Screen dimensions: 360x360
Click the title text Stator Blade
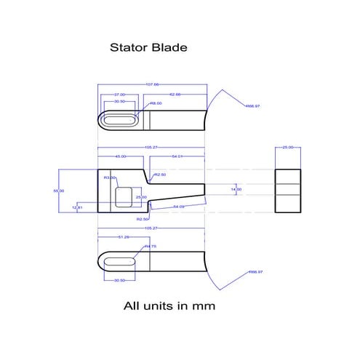click(148, 48)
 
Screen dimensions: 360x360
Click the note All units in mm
click(168, 306)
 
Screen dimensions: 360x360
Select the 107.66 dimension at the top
click(152, 84)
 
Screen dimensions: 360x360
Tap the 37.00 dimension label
click(120, 95)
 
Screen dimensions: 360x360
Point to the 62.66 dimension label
click(175, 95)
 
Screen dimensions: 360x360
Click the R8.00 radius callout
click(156, 103)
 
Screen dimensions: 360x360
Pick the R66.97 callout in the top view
click(253, 106)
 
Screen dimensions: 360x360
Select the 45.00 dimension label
click(121, 156)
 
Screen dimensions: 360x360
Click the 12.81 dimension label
click(78, 208)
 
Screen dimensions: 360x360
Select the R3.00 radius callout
click(109, 177)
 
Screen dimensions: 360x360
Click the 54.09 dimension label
click(178, 207)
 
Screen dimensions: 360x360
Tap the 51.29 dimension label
click(123, 237)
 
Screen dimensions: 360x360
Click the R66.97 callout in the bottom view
click(255, 272)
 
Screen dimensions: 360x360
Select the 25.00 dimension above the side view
click(287, 147)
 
